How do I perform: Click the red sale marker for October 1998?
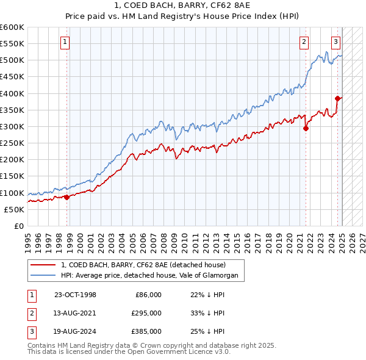[x=67, y=197]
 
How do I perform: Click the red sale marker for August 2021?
[x=306, y=128]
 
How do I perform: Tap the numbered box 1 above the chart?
[x=65, y=42]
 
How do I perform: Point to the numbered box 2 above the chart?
[x=303, y=42]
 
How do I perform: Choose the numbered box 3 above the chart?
[x=335, y=42]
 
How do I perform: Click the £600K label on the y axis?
[x=12, y=27]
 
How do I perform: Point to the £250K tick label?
[x=12, y=143]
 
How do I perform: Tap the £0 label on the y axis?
[x=18, y=226]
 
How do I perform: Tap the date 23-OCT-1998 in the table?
[x=75, y=295]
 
